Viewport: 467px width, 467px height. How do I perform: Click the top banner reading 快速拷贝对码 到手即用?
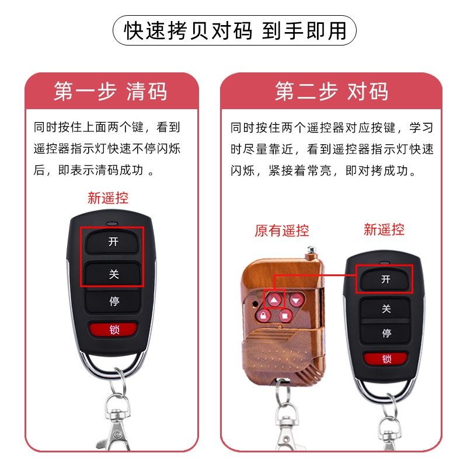click(233, 30)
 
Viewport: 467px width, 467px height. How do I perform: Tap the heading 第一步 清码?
click(111, 92)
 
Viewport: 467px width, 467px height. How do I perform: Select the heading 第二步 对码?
click(331, 92)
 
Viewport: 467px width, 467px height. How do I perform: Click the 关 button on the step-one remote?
click(114, 273)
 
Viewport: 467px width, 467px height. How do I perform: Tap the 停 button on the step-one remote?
click(114, 302)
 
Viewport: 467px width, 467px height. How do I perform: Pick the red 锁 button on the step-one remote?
click(114, 330)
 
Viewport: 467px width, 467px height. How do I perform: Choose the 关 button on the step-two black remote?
click(386, 308)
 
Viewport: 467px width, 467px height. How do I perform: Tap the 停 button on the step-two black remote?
click(386, 333)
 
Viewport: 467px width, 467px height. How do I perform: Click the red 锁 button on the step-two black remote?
click(386, 358)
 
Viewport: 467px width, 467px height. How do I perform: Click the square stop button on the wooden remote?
click(285, 316)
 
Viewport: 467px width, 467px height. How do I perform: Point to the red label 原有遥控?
click(282, 231)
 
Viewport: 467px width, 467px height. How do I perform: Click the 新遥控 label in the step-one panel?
click(108, 198)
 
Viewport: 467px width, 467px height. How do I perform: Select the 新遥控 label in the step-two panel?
click(384, 229)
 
